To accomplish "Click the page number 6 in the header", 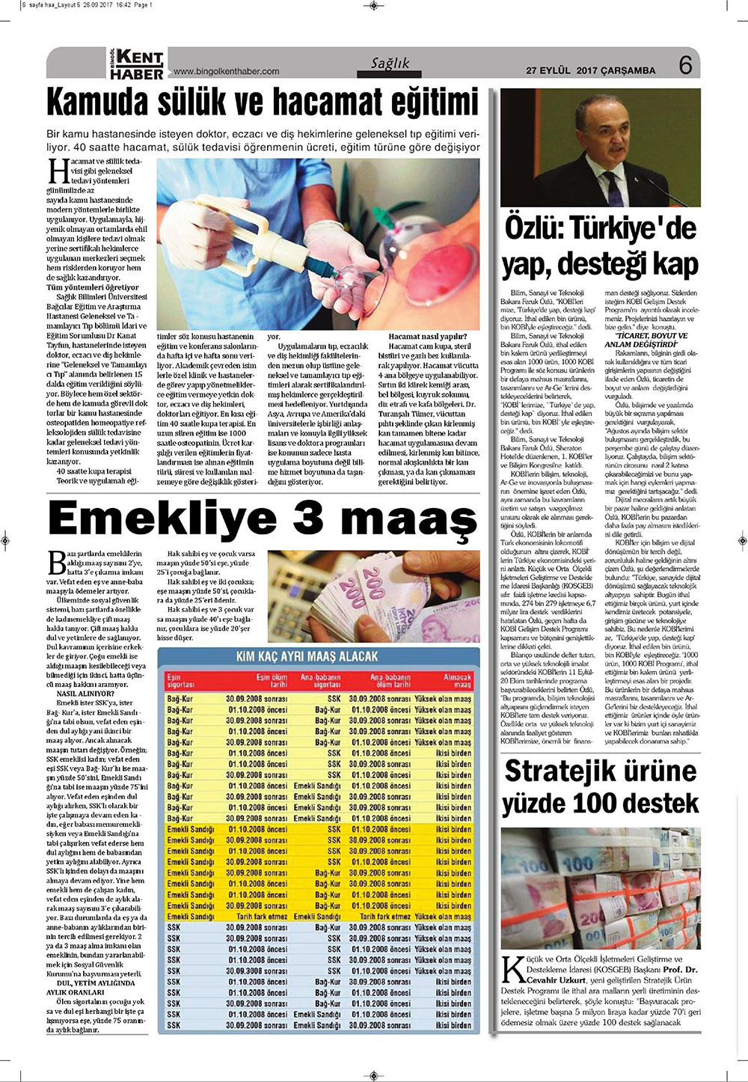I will coord(686,66).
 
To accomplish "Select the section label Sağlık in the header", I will coord(390,64).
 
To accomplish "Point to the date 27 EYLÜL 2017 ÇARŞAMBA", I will coord(590,71).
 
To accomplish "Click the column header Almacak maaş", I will coord(458,680).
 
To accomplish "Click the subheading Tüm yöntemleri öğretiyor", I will coord(93,287).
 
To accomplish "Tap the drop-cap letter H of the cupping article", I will coord(58,171).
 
